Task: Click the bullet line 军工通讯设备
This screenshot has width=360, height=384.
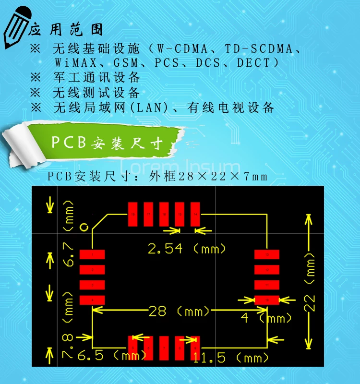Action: tap(96, 77)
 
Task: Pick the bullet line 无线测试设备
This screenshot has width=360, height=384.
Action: tap(96, 92)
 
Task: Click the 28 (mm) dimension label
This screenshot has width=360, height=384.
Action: tap(180, 312)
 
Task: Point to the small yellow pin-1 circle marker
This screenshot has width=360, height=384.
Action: tap(84, 227)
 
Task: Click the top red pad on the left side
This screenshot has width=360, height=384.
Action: tap(92, 254)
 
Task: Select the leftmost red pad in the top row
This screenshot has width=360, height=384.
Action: tap(133, 214)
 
